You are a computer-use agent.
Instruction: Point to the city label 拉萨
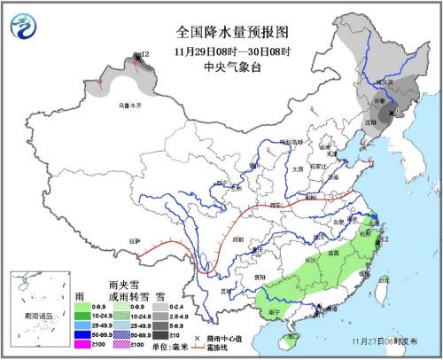[135, 240]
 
